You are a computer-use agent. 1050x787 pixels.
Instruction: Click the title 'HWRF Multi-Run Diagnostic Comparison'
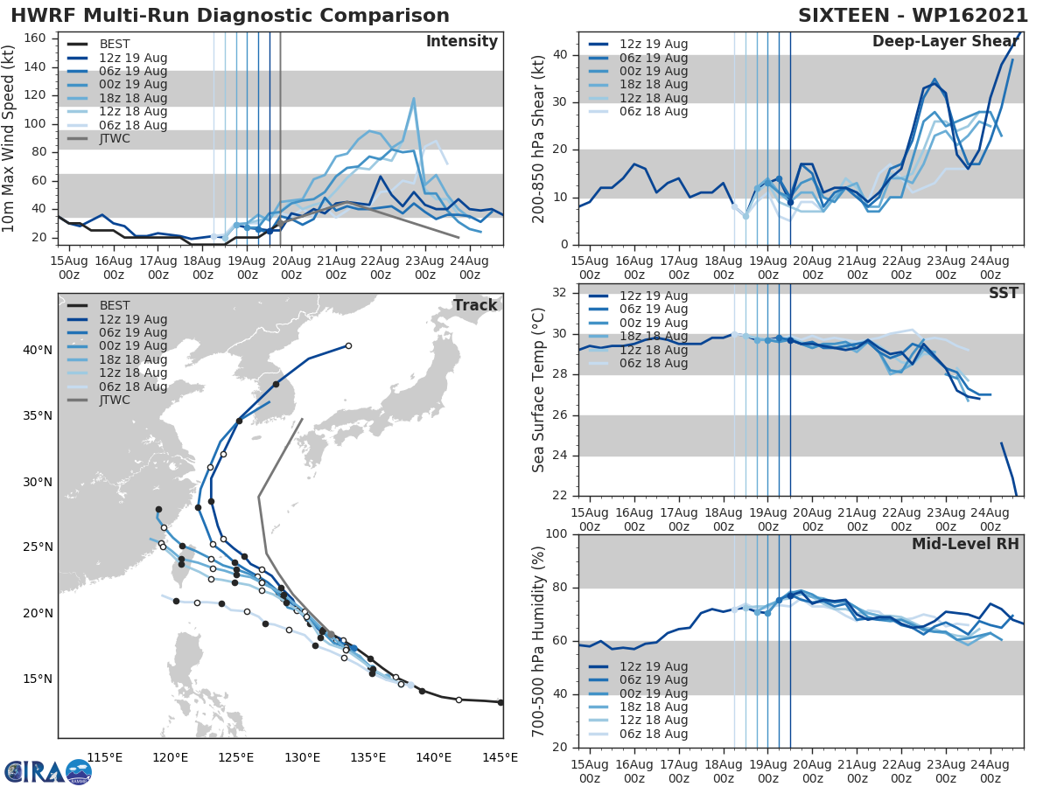pos(230,16)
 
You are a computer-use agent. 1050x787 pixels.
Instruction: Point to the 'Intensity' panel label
pos(461,42)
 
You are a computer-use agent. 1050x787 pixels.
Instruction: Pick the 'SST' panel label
pos(1003,293)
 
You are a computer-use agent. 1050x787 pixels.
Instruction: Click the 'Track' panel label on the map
pos(475,305)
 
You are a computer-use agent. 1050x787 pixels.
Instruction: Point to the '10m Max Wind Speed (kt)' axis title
pos(10,138)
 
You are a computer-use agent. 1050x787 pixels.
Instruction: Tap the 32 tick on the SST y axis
pos(560,292)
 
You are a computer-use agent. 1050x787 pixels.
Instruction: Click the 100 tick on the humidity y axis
pos(556,534)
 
